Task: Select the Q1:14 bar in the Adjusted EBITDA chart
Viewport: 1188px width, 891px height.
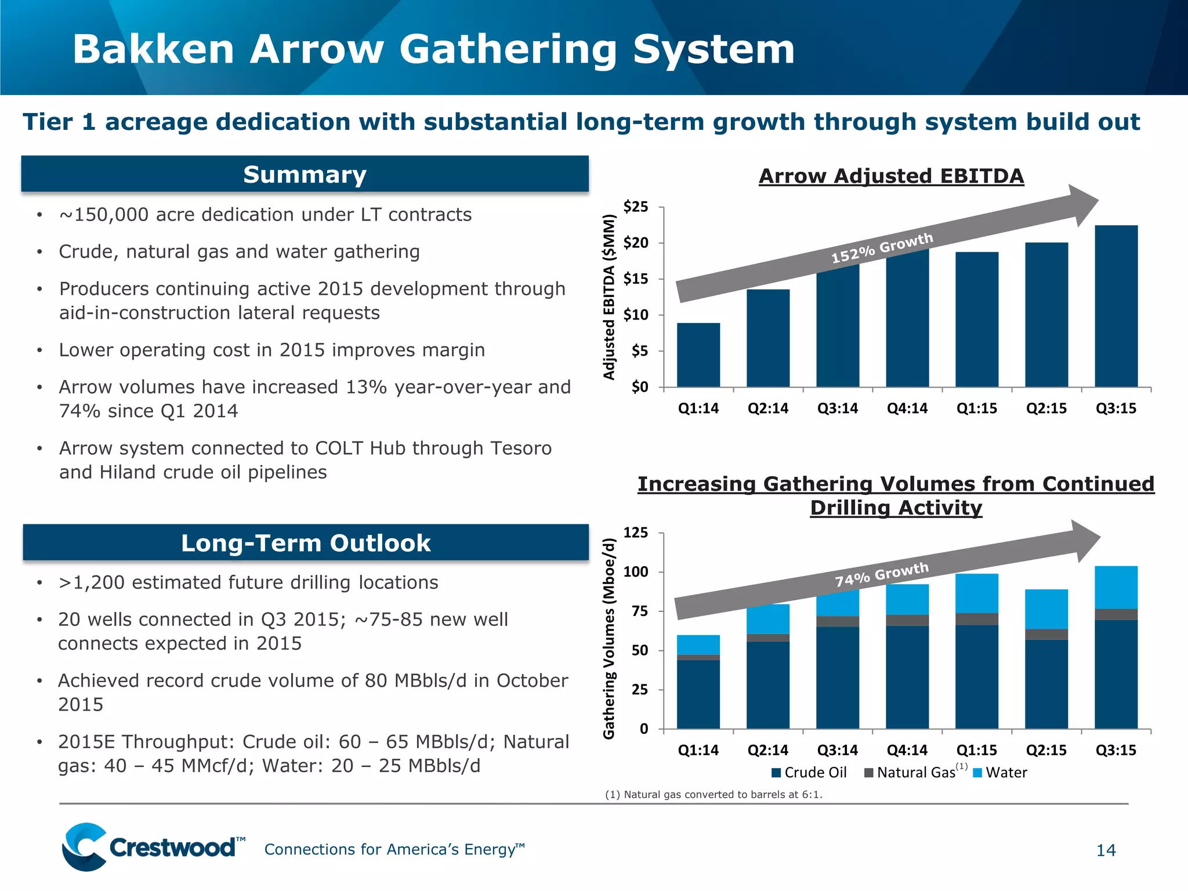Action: coord(698,355)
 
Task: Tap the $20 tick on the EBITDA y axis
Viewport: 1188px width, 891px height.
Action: coord(636,243)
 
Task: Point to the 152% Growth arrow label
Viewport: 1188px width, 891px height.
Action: coord(882,248)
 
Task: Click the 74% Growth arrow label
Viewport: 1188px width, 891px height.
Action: coord(882,574)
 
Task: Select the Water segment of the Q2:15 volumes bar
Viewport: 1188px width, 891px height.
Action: coord(1046,609)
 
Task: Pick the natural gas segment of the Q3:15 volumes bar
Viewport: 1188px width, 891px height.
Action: coord(1116,614)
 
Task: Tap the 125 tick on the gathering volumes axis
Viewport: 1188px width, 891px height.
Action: coord(636,533)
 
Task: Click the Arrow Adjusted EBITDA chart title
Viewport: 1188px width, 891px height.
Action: coord(891,176)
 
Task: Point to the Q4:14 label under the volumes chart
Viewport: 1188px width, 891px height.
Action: coord(907,750)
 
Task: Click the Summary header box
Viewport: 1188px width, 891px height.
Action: coord(305,174)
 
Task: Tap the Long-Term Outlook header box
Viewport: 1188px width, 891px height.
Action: coord(306,543)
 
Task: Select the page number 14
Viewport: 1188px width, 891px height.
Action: coord(1106,850)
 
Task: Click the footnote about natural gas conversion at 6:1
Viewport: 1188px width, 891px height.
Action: coord(713,795)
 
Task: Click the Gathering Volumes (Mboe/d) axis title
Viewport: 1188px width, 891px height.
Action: coord(609,638)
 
